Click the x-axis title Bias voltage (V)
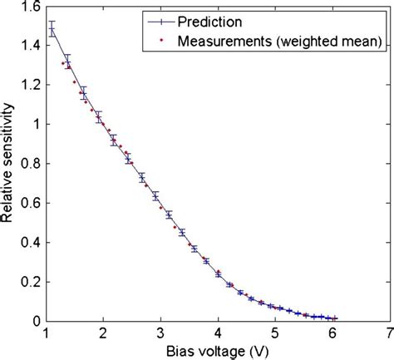(x=217, y=350)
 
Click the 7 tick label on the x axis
(x=389, y=333)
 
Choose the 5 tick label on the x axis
(x=274, y=333)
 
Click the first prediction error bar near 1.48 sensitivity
(x=52, y=30)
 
